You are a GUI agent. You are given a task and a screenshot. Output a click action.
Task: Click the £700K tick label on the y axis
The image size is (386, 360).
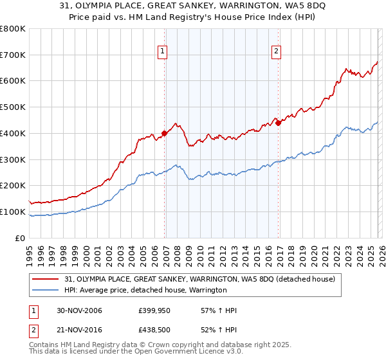coord(13,55)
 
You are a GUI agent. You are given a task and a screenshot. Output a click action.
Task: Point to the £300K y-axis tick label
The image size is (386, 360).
coord(13,159)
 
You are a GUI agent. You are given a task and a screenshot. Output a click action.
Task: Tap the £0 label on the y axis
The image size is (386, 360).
coord(21,238)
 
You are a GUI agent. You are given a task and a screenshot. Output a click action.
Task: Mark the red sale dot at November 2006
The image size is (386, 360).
coord(165,133)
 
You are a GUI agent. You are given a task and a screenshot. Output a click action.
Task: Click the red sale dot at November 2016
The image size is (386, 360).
coord(279,123)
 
